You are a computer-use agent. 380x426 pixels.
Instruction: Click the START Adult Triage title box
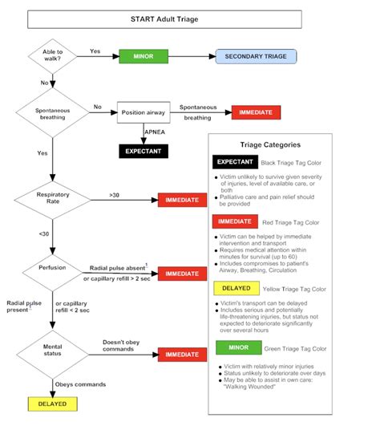(172, 18)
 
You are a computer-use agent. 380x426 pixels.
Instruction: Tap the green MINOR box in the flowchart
(144, 56)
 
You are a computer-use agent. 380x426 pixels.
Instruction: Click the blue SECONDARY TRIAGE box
(256, 56)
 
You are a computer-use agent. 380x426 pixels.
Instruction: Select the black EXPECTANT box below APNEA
(144, 150)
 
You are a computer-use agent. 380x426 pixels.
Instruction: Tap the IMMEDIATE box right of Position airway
(256, 112)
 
